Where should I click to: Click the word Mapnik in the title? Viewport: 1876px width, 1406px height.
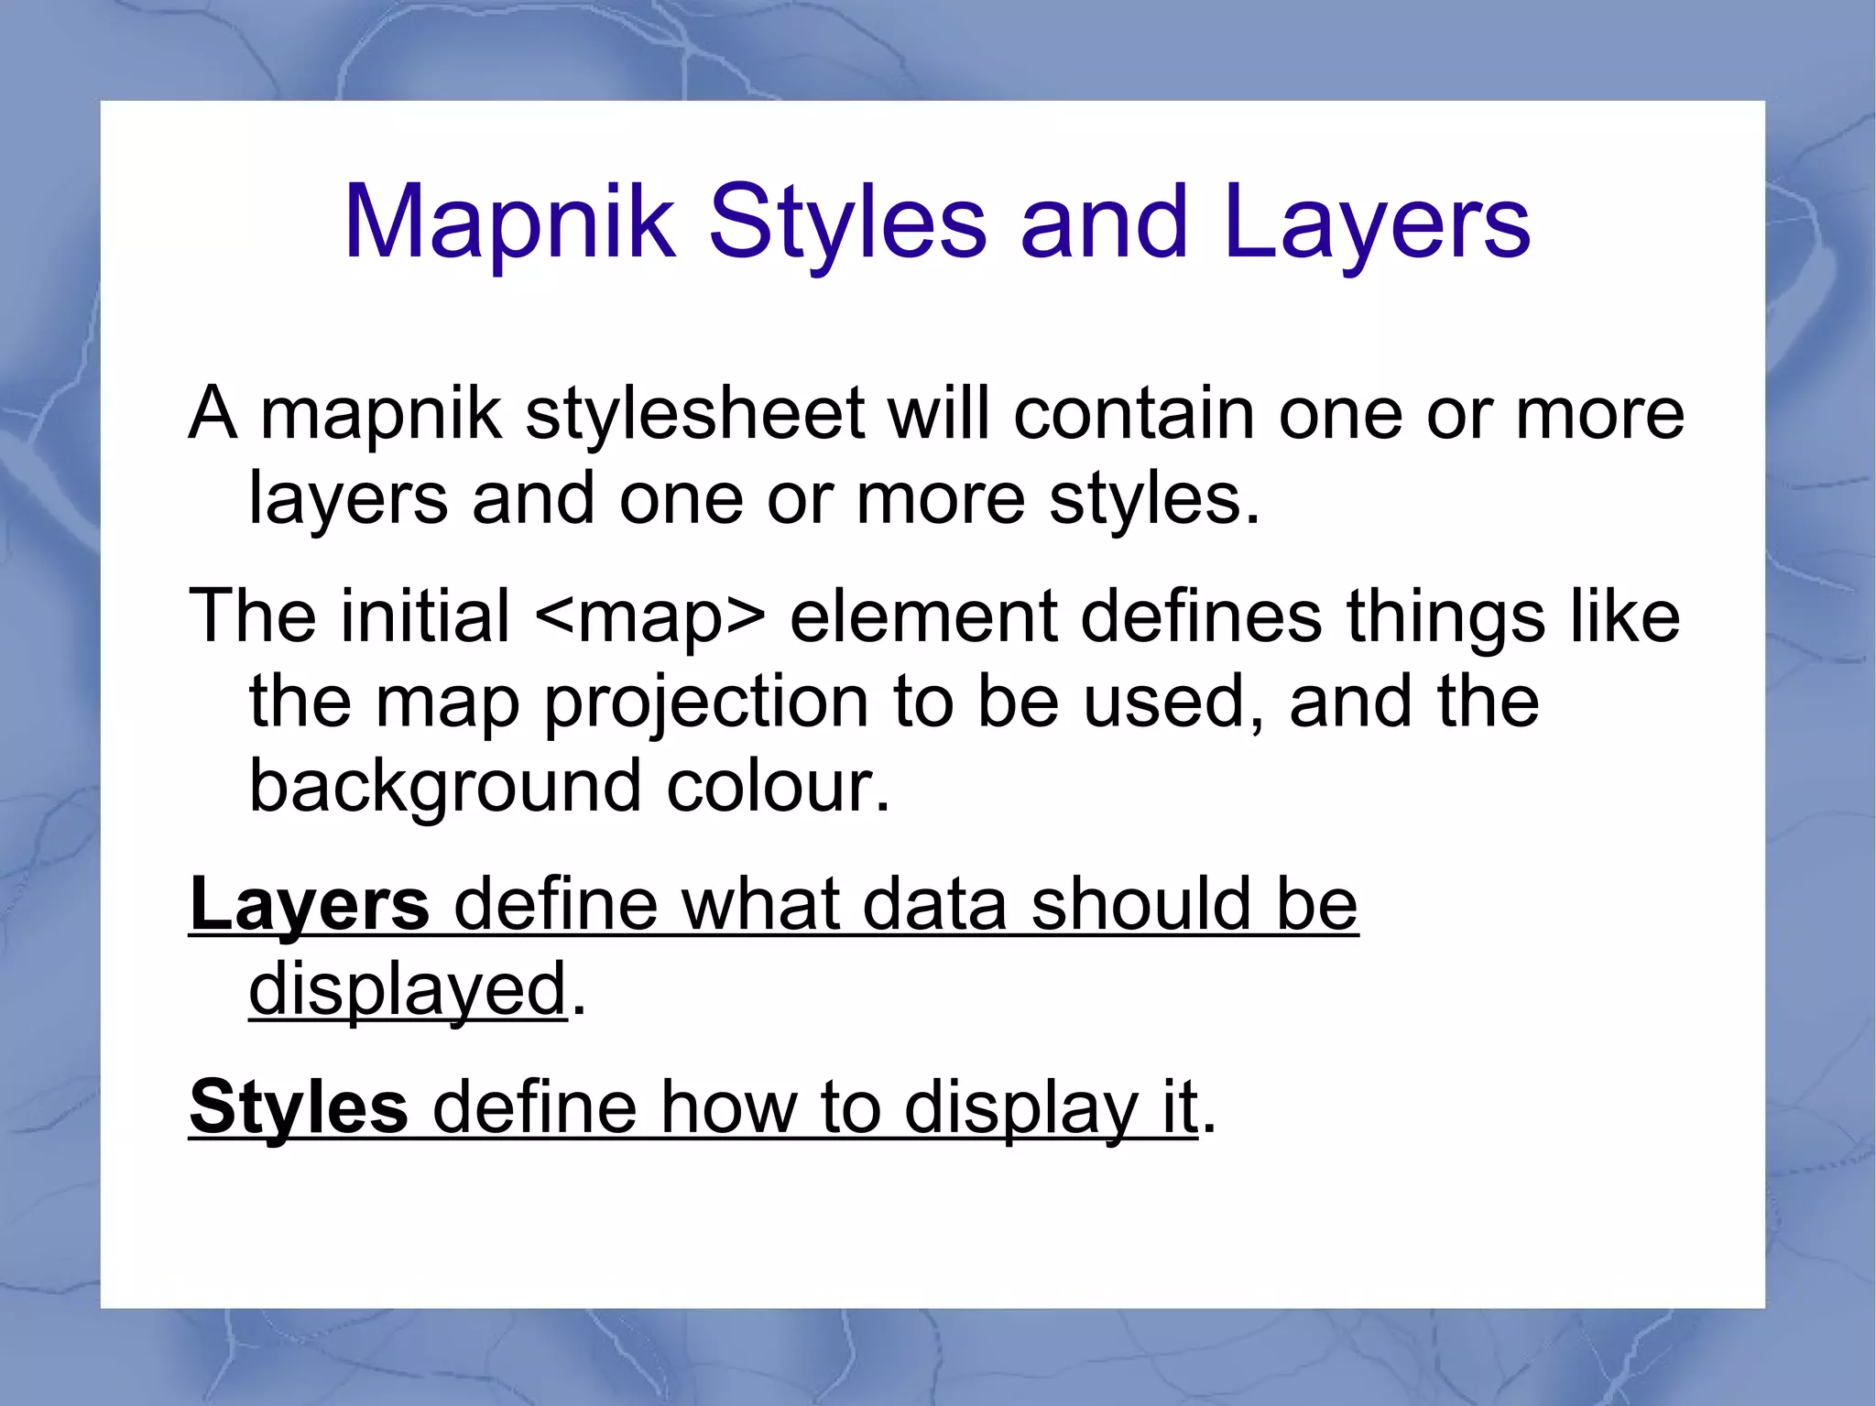(509, 223)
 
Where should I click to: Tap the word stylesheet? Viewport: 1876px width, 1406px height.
(695, 413)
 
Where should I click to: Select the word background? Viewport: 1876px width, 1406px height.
(445, 787)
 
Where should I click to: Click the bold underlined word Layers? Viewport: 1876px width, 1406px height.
(309, 904)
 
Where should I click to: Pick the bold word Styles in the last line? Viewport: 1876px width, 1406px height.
(299, 1106)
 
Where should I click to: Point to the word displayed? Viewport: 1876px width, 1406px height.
(408, 989)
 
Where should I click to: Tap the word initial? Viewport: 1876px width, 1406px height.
(425, 616)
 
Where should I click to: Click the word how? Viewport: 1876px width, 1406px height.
(728, 1106)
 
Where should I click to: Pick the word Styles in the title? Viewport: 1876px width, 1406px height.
(847, 223)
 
